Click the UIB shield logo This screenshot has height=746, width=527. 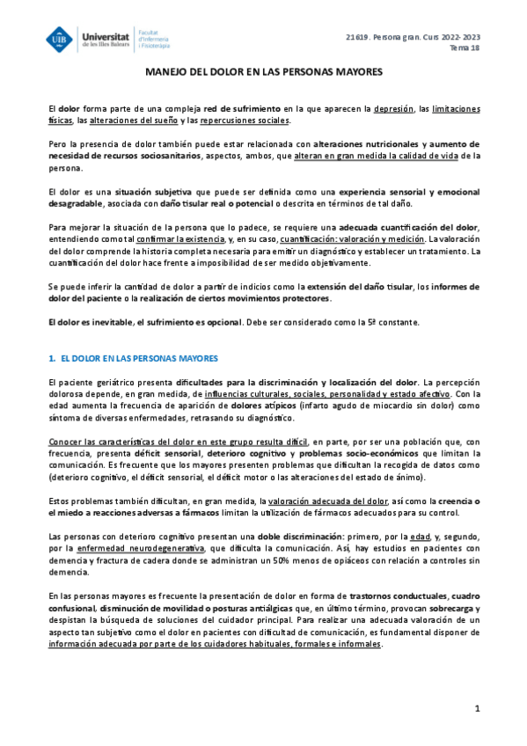pyautogui.click(x=62, y=40)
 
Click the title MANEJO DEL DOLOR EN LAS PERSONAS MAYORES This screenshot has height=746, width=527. pyautogui.click(x=263, y=77)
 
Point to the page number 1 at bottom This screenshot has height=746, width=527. pyautogui.click(x=477, y=708)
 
